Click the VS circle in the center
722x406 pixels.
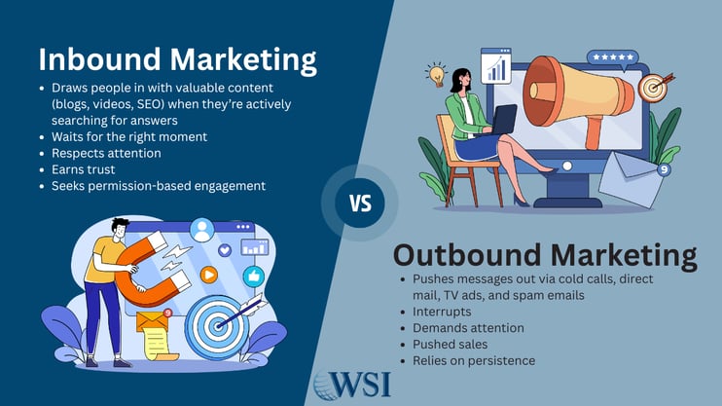[360, 203]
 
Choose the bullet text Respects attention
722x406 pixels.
[108, 153]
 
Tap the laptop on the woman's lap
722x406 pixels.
[505, 119]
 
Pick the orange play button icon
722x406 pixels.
[206, 276]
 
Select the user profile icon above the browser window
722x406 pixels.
[202, 231]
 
